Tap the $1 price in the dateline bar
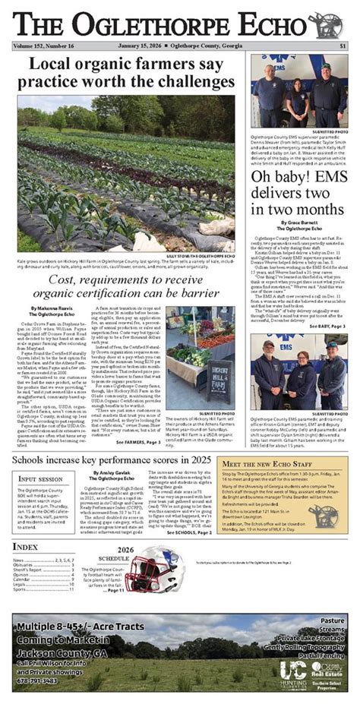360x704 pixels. tap(343, 46)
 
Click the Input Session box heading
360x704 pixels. tap(40, 480)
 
